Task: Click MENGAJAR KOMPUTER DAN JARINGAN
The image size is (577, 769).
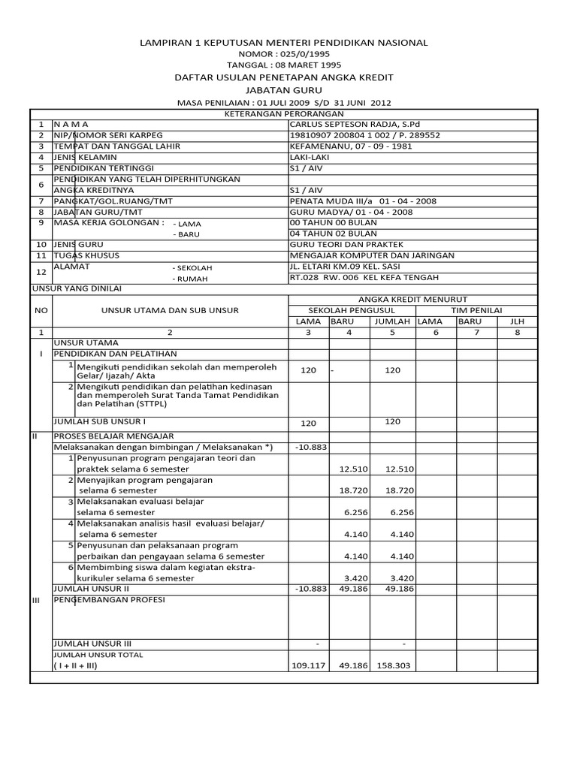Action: coord(361,255)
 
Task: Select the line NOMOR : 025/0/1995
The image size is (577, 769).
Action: coord(284,54)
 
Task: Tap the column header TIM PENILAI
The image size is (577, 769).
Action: coord(476,310)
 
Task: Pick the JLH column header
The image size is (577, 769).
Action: coord(516,321)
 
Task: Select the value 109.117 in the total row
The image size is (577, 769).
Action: coord(308,665)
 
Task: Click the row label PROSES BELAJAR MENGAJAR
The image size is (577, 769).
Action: coord(113,436)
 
